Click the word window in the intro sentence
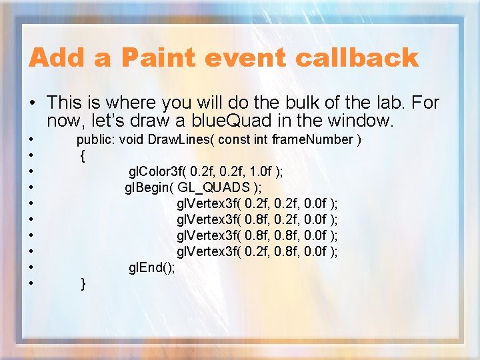pyautogui.click(x=369, y=121)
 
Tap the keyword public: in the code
pyautogui.click(x=96, y=139)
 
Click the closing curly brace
pyautogui.click(x=83, y=284)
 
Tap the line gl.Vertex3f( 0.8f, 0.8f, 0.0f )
pyautogui.click(x=257, y=235)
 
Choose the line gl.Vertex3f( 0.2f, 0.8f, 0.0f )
pyautogui.click(x=257, y=251)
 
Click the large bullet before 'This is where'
pyautogui.click(x=32, y=103)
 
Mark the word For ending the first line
pyautogui.click(x=427, y=103)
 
